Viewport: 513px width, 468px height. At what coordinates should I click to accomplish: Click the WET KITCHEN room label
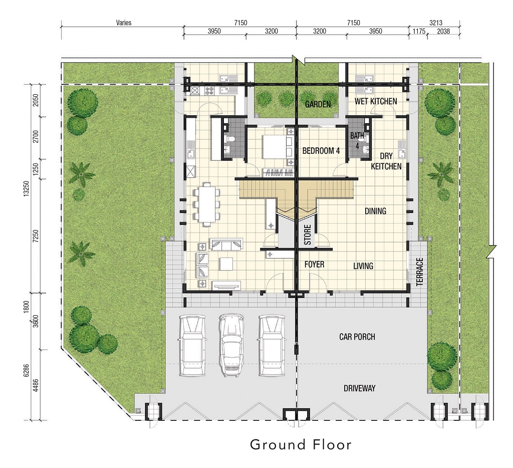pyautogui.click(x=376, y=101)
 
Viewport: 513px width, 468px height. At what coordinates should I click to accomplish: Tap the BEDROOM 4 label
pyautogui.click(x=321, y=150)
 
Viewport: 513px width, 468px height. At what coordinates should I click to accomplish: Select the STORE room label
pyautogui.click(x=308, y=235)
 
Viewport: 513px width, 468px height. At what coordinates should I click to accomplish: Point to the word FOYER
pyautogui.click(x=314, y=264)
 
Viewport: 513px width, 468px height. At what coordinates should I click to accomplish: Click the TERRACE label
pyautogui.click(x=420, y=272)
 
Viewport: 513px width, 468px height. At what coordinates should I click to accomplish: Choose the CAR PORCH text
pyautogui.click(x=357, y=337)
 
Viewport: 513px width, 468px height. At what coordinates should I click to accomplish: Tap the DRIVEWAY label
pyautogui.click(x=359, y=388)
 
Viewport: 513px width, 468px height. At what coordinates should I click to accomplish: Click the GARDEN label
pyautogui.click(x=318, y=104)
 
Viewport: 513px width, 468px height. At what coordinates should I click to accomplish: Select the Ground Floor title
pyautogui.click(x=301, y=445)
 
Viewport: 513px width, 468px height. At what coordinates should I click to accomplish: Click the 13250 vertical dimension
pyautogui.click(x=26, y=188)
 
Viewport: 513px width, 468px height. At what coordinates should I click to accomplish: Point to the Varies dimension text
pyautogui.click(x=124, y=23)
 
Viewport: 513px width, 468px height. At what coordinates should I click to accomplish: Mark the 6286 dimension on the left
pyautogui.click(x=26, y=370)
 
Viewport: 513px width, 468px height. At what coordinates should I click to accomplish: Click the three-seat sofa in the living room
pyautogui.click(x=226, y=244)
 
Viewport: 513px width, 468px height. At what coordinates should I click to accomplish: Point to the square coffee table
pyautogui.click(x=226, y=264)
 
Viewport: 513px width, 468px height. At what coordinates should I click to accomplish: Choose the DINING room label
pyautogui.click(x=375, y=211)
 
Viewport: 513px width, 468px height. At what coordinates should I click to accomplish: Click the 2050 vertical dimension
pyautogui.click(x=36, y=100)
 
